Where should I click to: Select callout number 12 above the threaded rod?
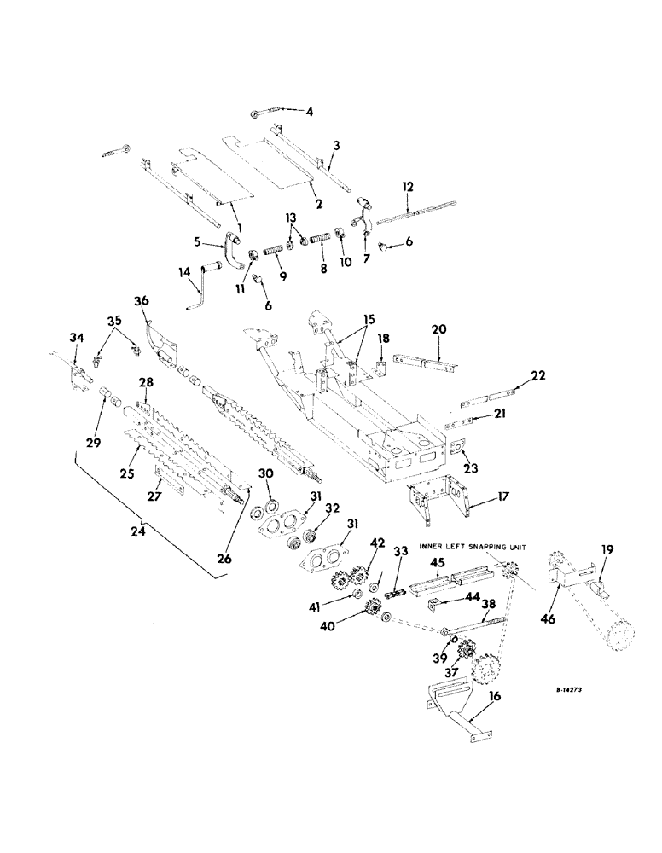click(x=408, y=186)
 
